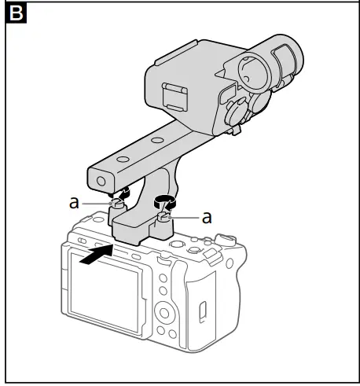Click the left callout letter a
tap(74, 202)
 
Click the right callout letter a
tap(208, 217)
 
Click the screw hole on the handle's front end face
tap(100, 181)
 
